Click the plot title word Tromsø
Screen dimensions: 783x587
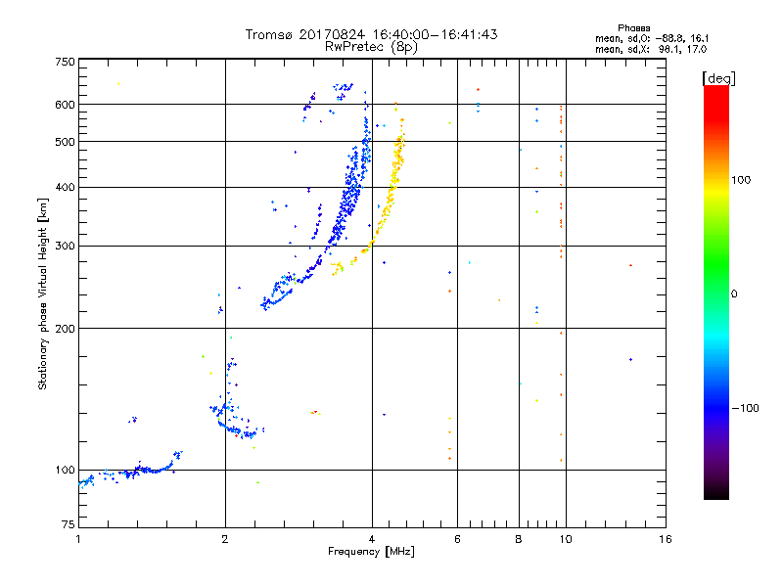click(x=269, y=34)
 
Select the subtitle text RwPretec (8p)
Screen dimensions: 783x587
click(x=371, y=47)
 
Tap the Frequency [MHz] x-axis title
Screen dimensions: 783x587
click(x=371, y=552)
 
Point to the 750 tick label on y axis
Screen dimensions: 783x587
click(x=65, y=62)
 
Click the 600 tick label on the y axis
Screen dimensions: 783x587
click(x=65, y=105)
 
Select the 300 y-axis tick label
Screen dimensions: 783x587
click(x=65, y=246)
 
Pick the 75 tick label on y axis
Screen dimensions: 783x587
click(x=69, y=524)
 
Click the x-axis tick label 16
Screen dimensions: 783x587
click(x=666, y=539)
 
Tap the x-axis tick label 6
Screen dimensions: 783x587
click(x=457, y=539)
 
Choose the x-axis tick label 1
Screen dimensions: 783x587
click(x=78, y=539)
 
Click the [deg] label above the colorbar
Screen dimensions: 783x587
click(x=718, y=79)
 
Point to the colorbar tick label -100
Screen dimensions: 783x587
click(x=745, y=408)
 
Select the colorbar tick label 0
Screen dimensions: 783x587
click(x=734, y=293)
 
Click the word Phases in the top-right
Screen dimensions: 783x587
click(x=633, y=28)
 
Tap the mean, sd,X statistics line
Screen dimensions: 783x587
click(x=651, y=49)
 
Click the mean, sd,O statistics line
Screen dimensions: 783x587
click(x=652, y=38)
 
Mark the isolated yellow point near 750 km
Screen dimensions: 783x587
click(x=118, y=83)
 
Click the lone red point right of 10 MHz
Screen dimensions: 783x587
click(x=630, y=265)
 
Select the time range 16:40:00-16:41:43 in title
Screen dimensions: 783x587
click(x=435, y=34)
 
